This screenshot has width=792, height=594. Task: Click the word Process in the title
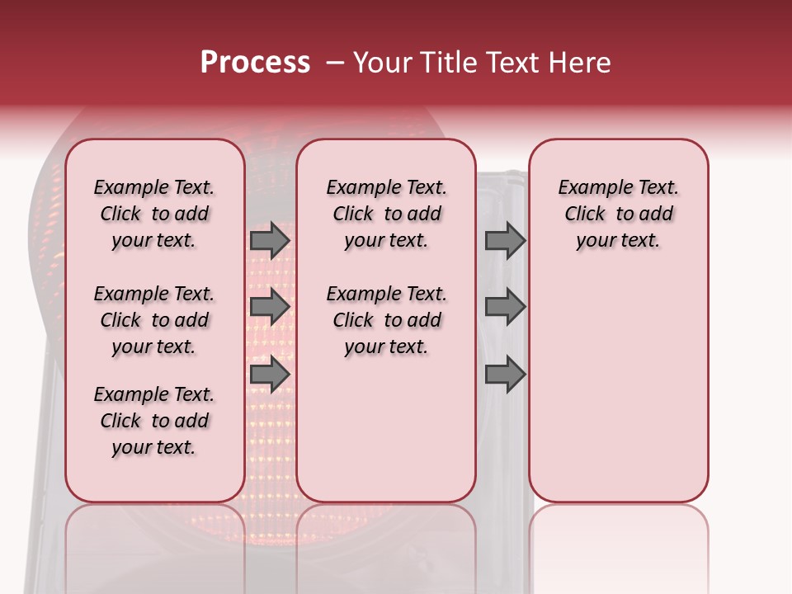coord(255,63)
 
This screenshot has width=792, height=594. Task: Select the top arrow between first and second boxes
coord(270,240)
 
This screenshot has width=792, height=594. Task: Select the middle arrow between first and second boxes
coord(270,307)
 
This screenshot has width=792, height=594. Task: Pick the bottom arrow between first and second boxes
coord(270,375)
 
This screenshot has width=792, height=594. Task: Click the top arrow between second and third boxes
coord(505,240)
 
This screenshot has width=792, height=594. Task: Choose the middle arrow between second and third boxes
coord(505,307)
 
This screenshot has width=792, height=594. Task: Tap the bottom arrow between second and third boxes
coord(505,375)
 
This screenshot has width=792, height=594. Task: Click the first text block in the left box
coord(154,214)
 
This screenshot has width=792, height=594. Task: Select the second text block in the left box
coord(154,320)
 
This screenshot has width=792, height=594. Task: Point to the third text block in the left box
coord(154,421)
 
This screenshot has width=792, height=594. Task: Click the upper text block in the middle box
coord(387,214)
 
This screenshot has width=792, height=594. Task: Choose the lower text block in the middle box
coord(387,320)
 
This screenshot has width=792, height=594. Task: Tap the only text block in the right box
coord(619,214)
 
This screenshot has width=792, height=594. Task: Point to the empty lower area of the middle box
coord(387,429)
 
